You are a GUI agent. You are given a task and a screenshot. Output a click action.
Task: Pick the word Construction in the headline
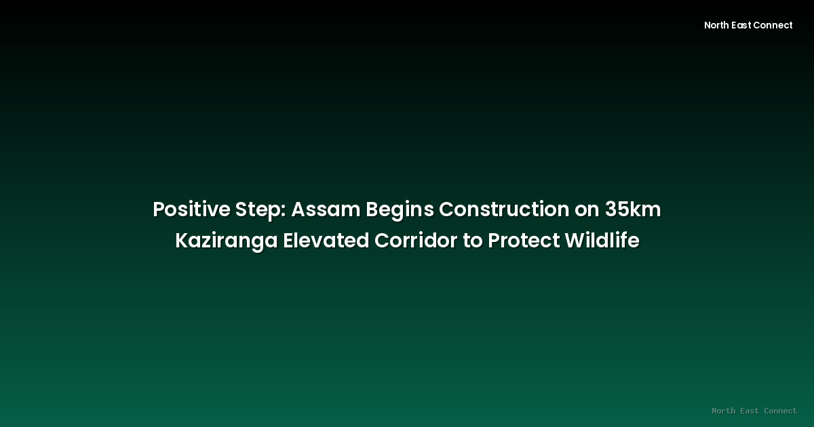pyautogui.click(x=504, y=210)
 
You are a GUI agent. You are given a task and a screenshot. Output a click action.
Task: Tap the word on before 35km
pyautogui.click(x=587, y=210)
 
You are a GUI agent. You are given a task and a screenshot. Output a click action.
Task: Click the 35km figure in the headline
pyautogui.click(x=633, y=210)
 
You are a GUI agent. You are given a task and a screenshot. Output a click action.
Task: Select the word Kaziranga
pyautogui.click(x=226, y=241)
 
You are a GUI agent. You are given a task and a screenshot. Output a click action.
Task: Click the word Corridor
pyautogui.click(x=416, y=241)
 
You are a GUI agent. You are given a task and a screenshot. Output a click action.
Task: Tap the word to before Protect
pyautogui.click(x=472, y=241)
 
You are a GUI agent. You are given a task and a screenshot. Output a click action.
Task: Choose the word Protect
pyautogui.click(x=524, y=241)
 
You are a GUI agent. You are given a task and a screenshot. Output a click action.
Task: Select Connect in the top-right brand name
pyautogui.click(x=775, y=25)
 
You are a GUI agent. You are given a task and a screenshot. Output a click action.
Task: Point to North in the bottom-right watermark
pyautogui.click(x=724, y=411)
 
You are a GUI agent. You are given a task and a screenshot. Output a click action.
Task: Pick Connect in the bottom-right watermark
pyautogui.click(x=780, y=411)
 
